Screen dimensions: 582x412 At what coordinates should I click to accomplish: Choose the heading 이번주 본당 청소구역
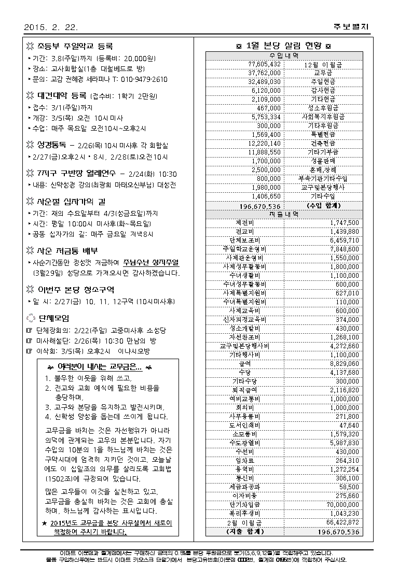[x=76, y=289]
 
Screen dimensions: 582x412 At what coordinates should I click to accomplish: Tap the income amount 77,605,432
[x=265, y=64]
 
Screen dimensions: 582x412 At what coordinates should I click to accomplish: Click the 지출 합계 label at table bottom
[x=245, y=531]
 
